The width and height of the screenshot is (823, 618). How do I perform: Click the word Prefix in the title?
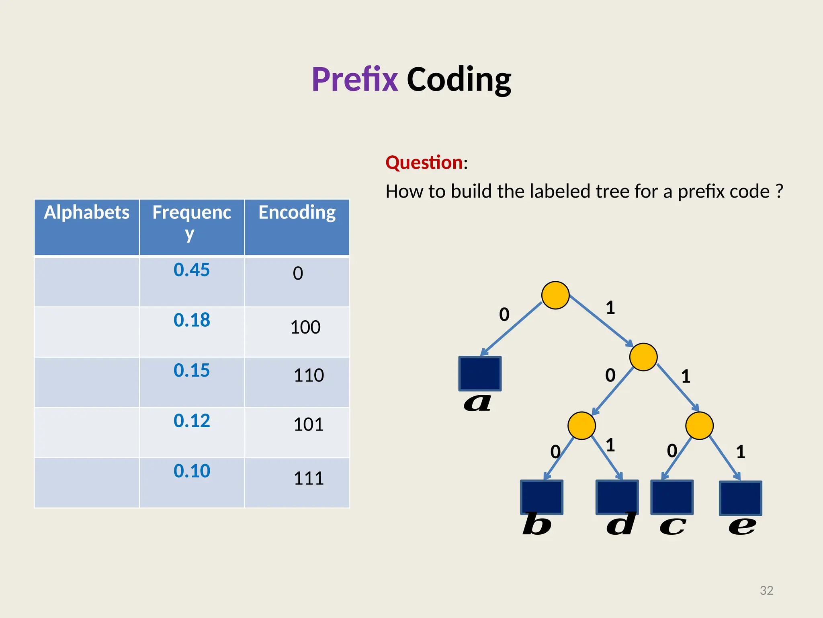pos(354,79)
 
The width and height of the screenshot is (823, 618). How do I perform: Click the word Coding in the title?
pos(459,79)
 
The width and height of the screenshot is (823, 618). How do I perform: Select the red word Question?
pos(424,163)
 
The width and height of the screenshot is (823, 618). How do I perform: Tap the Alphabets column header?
pos(87,212)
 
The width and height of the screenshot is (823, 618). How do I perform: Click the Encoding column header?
pos(297,212)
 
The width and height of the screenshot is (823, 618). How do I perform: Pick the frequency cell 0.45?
pos(192,270)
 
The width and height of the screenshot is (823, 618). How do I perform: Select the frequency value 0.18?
pos(192,320)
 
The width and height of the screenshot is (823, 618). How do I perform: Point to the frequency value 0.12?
pos(192,421)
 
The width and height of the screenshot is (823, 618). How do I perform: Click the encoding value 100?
pos(305,327)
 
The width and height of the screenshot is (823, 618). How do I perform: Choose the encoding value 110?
pos(309,375)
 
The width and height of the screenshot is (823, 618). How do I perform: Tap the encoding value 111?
pos(309,478)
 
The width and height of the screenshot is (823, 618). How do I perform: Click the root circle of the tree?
pos(555,295)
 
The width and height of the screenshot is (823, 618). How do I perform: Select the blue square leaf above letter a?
pos(480,373)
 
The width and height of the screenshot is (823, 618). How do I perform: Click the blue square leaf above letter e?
pos(740,498)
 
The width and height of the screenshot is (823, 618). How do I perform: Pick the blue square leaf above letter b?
pos(542,497)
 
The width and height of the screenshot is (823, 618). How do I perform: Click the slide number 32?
pos(766,590)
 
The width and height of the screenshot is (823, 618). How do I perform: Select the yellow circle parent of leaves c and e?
pos(699,426)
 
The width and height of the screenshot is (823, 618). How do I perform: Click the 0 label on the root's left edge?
pos(504,314)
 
